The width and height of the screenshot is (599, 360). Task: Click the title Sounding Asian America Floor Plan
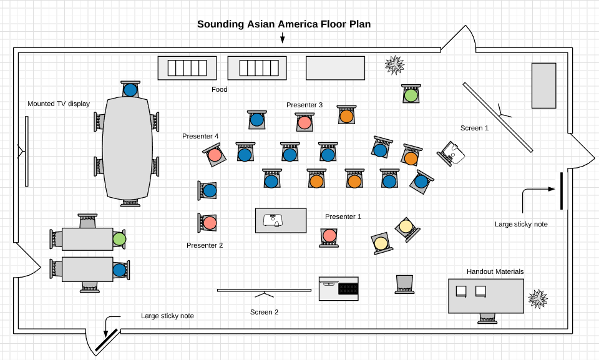(284, 24)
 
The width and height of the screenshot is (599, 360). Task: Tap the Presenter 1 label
(343, 216)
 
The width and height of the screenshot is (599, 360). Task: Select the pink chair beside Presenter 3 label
(304, 122)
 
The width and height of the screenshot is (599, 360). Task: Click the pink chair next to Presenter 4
(215, 155)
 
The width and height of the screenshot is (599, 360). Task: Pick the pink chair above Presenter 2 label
(210, 222)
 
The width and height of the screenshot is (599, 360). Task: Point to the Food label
(220, 89)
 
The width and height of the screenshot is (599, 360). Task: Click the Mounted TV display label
(59, 104)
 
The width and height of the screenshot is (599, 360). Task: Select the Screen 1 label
(474, 128)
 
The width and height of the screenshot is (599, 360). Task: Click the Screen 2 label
(264, 312)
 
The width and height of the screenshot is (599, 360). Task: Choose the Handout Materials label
(495, 271)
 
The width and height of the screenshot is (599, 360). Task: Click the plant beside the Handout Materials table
(538, 299)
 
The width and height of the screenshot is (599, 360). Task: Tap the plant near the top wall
(394, 65)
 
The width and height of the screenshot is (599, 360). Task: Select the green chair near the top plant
(411, 95)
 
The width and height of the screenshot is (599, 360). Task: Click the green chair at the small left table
(119, 239)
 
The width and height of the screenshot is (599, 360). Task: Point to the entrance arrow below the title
(282, 38)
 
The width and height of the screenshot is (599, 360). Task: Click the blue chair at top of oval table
(130, 90)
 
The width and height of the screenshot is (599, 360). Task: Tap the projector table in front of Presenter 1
(281, 220)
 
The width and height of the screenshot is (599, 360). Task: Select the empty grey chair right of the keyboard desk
(404, 283)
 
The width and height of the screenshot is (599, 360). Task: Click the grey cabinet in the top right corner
(543, 85)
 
